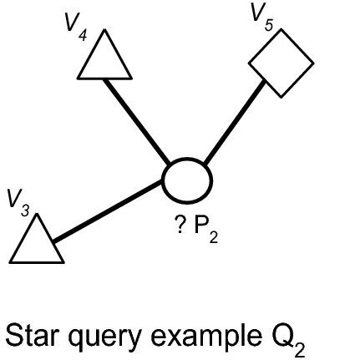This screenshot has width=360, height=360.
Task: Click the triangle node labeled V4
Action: point(105,60)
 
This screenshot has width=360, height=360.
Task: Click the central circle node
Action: point(185,177)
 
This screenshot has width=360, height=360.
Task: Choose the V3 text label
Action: point(18,203)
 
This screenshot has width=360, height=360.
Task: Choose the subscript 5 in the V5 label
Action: point(270,26)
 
